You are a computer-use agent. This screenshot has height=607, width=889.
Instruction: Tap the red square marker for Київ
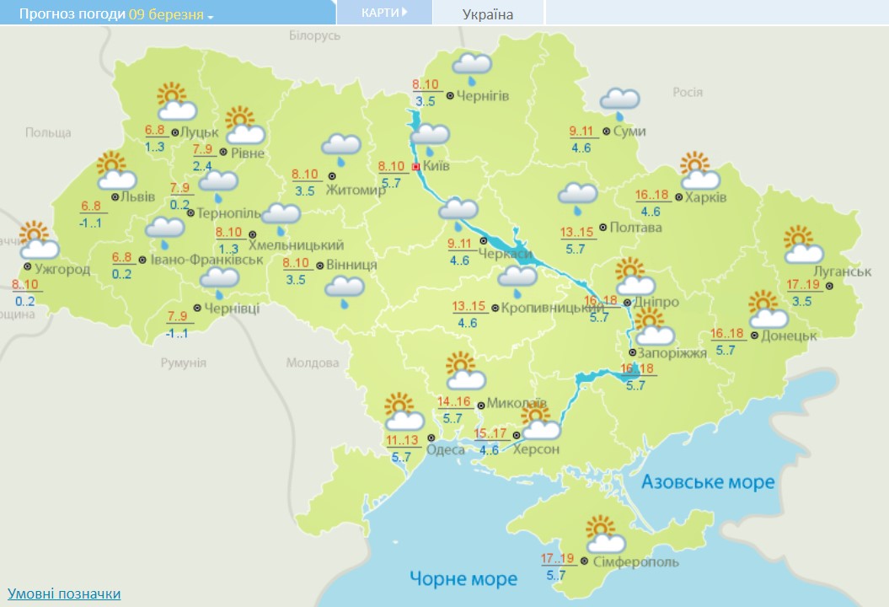point(415,167)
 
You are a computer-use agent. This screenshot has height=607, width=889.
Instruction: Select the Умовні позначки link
point(64,594)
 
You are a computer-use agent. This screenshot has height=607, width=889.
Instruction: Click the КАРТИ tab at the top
point(384,13)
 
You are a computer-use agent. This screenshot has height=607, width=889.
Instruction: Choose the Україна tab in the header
point(488,14)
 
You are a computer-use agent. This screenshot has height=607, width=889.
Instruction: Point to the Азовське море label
point(708,482)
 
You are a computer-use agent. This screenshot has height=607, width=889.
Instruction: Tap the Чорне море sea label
point(463,579)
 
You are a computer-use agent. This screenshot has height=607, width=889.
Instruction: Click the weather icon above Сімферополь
point(604,534)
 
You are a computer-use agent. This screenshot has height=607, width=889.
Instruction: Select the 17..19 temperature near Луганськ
point(809,285)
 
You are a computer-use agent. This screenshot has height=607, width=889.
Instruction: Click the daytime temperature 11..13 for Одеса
point(403,440)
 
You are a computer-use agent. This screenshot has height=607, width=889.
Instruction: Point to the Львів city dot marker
point(115,197)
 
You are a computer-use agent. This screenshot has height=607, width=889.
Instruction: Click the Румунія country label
point(183,363)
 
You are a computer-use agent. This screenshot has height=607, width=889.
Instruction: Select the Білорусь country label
point(314,36)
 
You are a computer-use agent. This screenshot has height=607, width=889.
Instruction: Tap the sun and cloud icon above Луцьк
point(175,102)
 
